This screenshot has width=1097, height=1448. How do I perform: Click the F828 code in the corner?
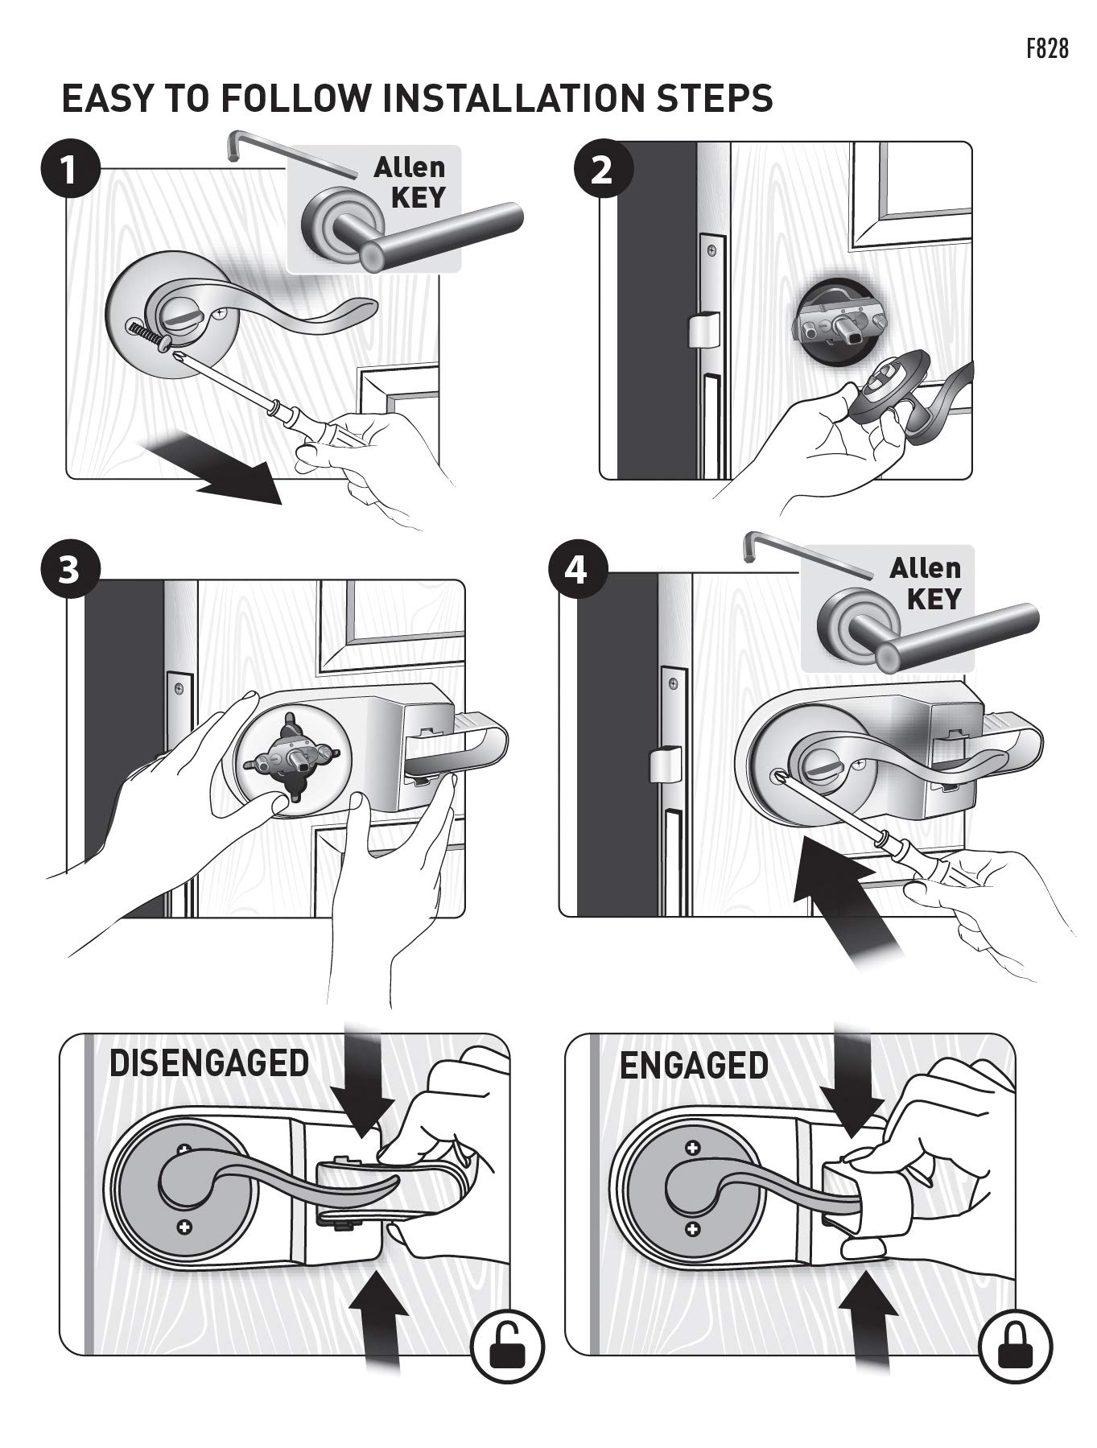pyautogui.click(x=1047, y=48)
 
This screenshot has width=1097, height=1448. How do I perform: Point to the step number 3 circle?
pyautogui.click(x=70, y=570)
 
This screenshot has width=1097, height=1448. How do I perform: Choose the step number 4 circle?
pyautogui.click(x=576, y=570)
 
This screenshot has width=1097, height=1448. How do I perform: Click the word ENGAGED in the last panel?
pyautogui.click(x=694, y=1065)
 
